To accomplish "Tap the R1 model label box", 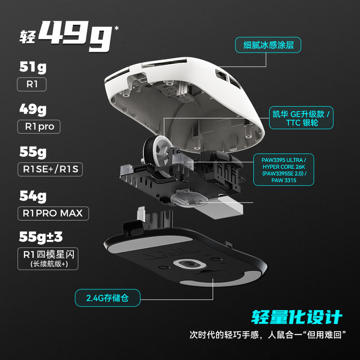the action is point(31,84).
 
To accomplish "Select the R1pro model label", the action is point(39,126).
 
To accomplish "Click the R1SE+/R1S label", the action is point(50,170).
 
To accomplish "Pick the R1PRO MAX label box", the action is point(53,213).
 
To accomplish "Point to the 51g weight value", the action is point(33,67).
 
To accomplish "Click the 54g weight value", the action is point(33,196).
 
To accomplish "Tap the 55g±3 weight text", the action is point(41,237).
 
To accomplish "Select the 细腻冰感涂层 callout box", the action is point(268,45).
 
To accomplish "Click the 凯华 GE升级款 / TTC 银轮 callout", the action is point(301,118).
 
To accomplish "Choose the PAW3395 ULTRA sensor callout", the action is point(283,170).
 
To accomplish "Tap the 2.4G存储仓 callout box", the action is point(108,298).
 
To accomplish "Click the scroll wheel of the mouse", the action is point(156,154).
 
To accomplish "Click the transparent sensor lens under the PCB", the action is point(189,198).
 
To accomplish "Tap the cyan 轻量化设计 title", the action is point(297,317).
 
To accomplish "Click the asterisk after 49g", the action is point(117,28).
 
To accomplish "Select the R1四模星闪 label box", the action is point(48,259).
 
